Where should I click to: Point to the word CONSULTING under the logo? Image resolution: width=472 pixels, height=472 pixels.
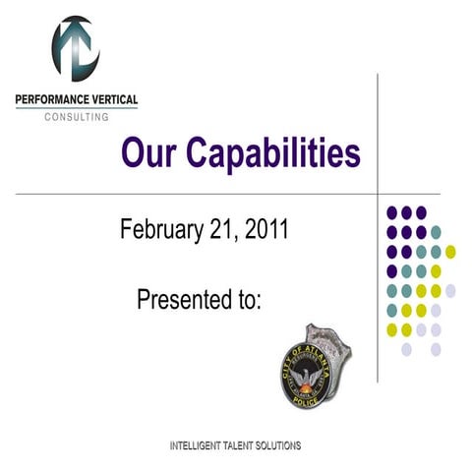(x=77, y=116)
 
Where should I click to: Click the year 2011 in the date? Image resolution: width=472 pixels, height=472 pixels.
(x=265, y=230)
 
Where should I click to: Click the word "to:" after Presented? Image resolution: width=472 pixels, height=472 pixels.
(x=248, y=298)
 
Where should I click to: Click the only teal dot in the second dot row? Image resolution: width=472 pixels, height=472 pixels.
(x=436, y=232)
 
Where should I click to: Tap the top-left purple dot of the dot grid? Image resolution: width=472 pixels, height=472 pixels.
(x=391, y=212)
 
